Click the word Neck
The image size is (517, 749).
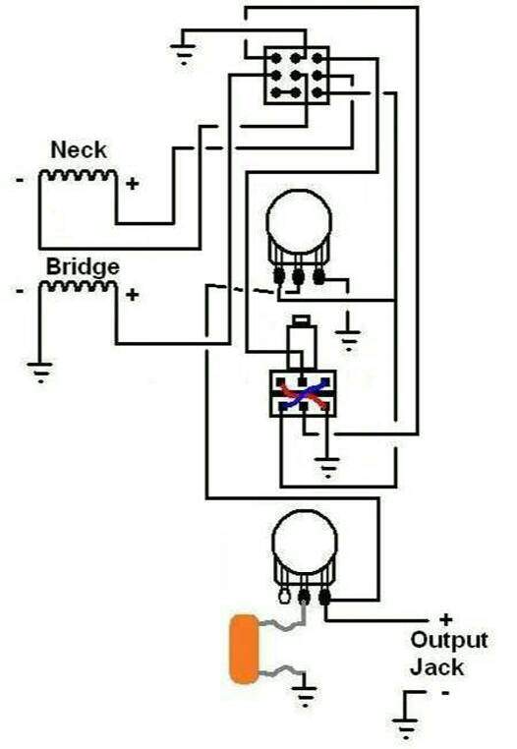tap(79, 150)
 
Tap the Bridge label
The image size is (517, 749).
tap(83, 267)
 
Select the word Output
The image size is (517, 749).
tap(448, 641)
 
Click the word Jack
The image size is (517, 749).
tap(436, 666)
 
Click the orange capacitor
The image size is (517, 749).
tap(244, 649)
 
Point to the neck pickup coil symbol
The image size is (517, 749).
tap(78, 175)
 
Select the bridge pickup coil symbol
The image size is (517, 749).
tap(78, 287)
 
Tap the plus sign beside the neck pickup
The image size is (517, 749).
tap(133, 184)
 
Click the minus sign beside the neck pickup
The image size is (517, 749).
tap(20, 180)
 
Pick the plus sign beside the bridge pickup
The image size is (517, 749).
tap(133, 295)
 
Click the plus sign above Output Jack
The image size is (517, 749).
tap(445, 620)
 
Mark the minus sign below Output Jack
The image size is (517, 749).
tap(445, 692)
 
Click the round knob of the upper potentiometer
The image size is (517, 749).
tap(299, 221)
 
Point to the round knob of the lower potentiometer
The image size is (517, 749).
tap(305, 542)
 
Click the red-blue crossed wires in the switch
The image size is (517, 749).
tap(303, 394)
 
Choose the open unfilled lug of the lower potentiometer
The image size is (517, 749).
tap(283, 597)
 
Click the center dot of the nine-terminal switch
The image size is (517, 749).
tap(296, 75)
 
